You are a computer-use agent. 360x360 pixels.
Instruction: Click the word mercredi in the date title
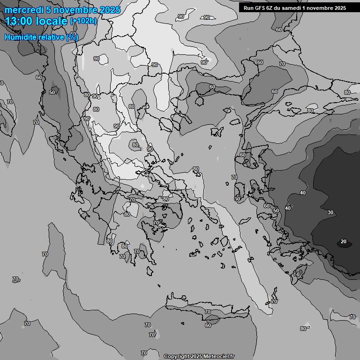click(24, 10)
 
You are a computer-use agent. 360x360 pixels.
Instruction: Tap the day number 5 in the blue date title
click(49, 10)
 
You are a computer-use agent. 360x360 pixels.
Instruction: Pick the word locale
click(52, 21)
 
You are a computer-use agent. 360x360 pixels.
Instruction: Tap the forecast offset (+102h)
click(83, 21)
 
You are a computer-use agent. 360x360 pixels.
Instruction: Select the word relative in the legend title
click(52, 37)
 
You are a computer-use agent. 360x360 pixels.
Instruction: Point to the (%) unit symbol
click(72, 37)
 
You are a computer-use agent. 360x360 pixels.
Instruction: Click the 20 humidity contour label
click(344, 242)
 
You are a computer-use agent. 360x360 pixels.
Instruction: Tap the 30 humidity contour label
click(330, 212)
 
